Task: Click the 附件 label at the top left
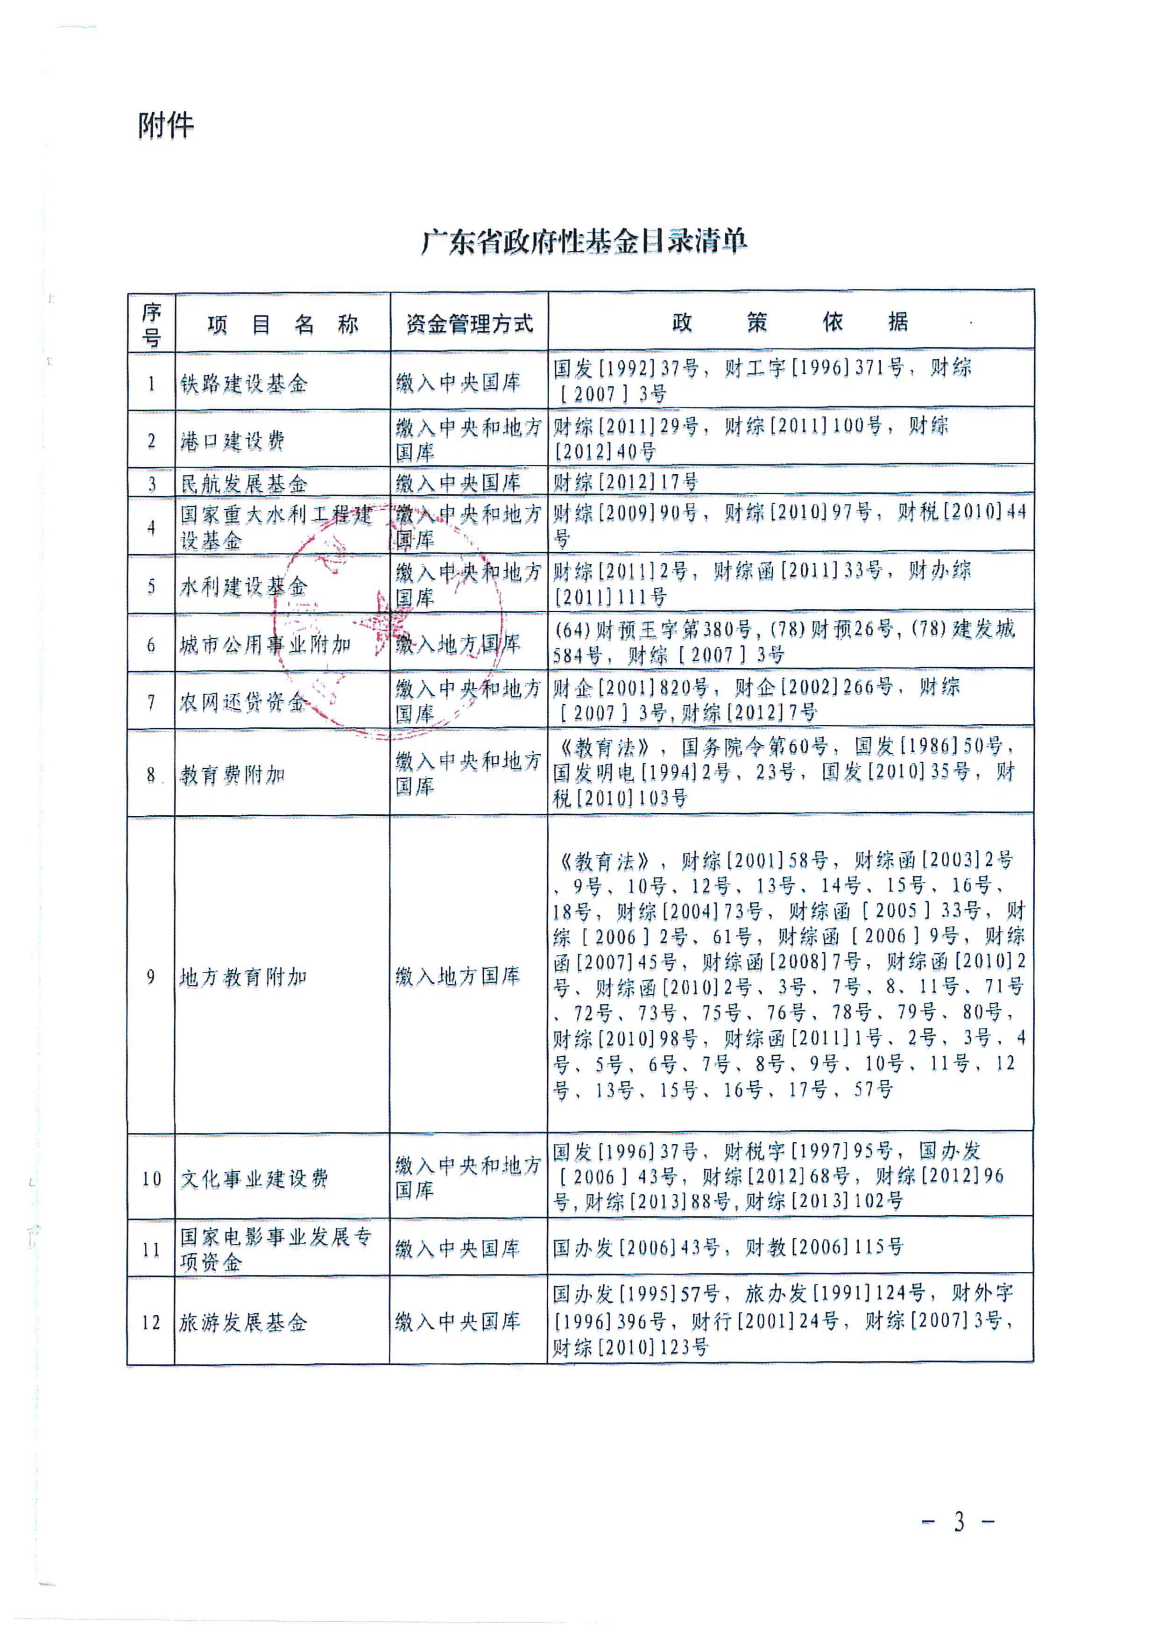(166, 126)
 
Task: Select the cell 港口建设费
(232, 441)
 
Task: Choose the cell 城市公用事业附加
(265, 645)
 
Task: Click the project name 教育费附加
(233, 775)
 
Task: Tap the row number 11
(151, 1249)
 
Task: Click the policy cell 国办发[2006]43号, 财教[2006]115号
(728, 1247)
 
